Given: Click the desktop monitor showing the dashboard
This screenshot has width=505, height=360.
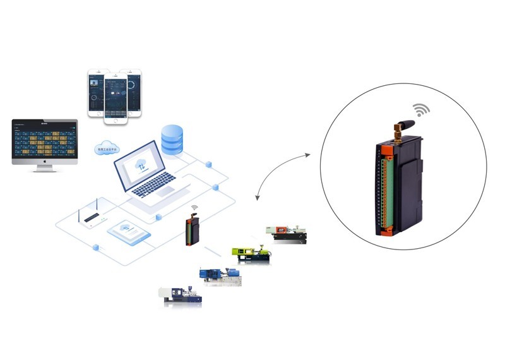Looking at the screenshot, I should click(x=45, y=141).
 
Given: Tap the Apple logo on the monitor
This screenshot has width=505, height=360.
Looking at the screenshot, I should click(x=45, y=163).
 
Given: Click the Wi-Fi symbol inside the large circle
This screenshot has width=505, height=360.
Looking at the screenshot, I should click(x=421, y=109).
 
